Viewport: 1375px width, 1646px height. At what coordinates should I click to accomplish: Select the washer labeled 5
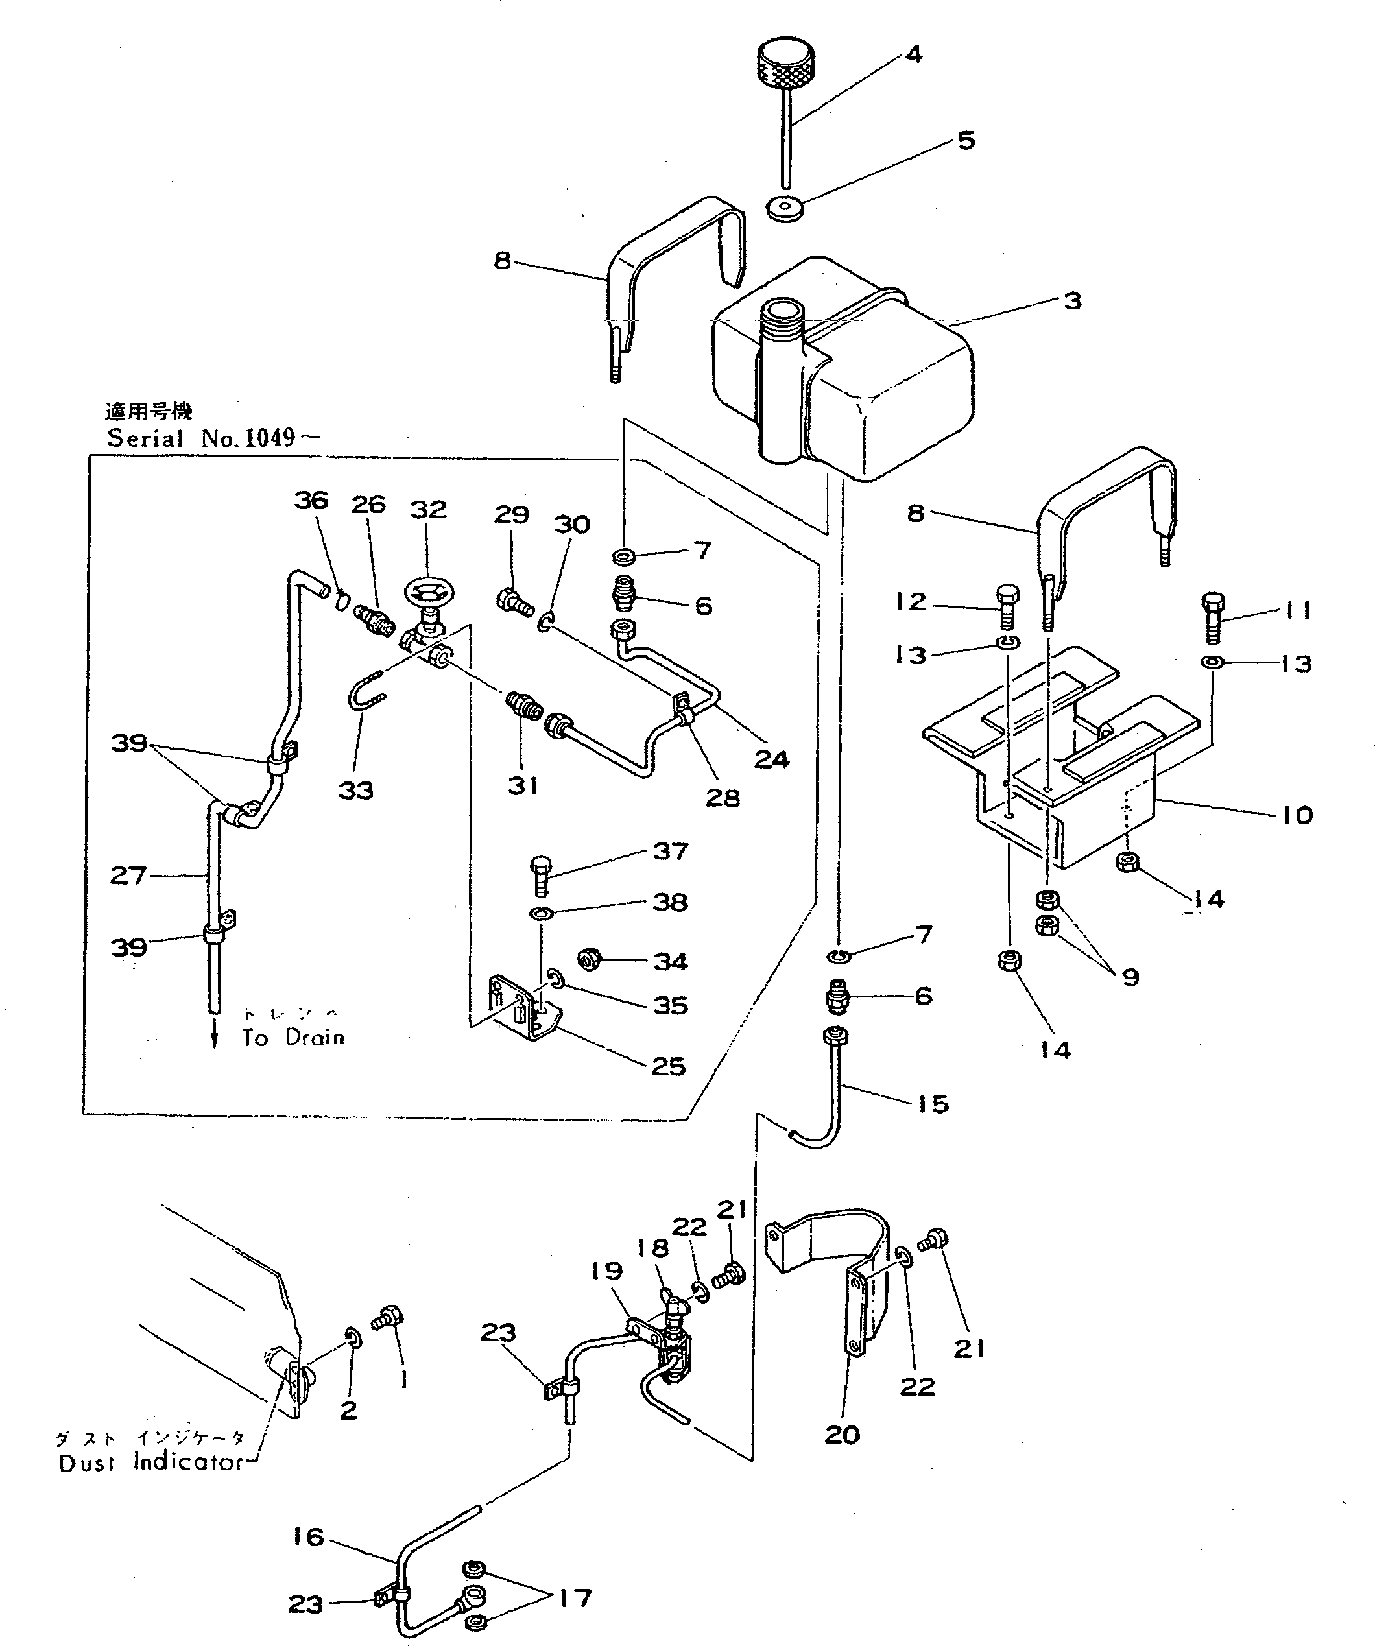pos(785,208)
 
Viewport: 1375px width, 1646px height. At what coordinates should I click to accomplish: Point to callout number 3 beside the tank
pos(1071,301)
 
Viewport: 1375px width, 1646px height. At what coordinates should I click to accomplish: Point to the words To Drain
pos(293,1038)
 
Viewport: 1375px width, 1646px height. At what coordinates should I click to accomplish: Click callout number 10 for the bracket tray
pos(1297,815)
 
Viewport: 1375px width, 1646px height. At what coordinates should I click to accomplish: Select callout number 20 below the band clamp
pos(842,1435)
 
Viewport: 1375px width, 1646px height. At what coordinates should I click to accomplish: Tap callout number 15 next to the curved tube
pos(932,1104)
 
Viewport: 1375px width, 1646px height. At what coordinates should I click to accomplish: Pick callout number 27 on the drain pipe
pos(128,875)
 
